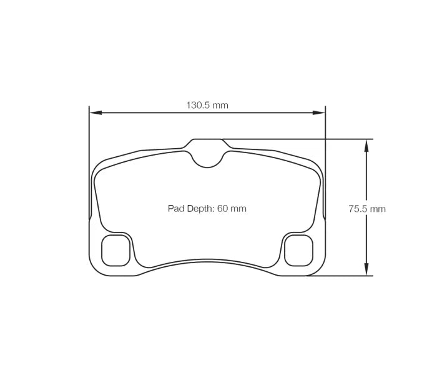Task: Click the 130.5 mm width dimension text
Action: pyautogui.click(x=207, y=105)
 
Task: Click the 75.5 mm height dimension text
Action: pyautogui.click(x=366, y=209)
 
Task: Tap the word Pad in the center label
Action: pyautogui.click(x=175, y=209)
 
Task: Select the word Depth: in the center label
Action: pyautogui.click(x=200, y=209)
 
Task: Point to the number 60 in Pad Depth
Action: pyautogui.click(x=222, y=209)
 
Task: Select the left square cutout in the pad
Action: pyautogui.click(x=115, y=250)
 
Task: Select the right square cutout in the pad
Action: pyautogui.click(x=298, y=250)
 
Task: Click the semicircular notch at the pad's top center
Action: pyautogui.click(x=207, y=159)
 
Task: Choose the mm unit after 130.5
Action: pyautogui.click(x=220, y=105)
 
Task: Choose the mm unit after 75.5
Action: pyautogui.click(x=378, y=209)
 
